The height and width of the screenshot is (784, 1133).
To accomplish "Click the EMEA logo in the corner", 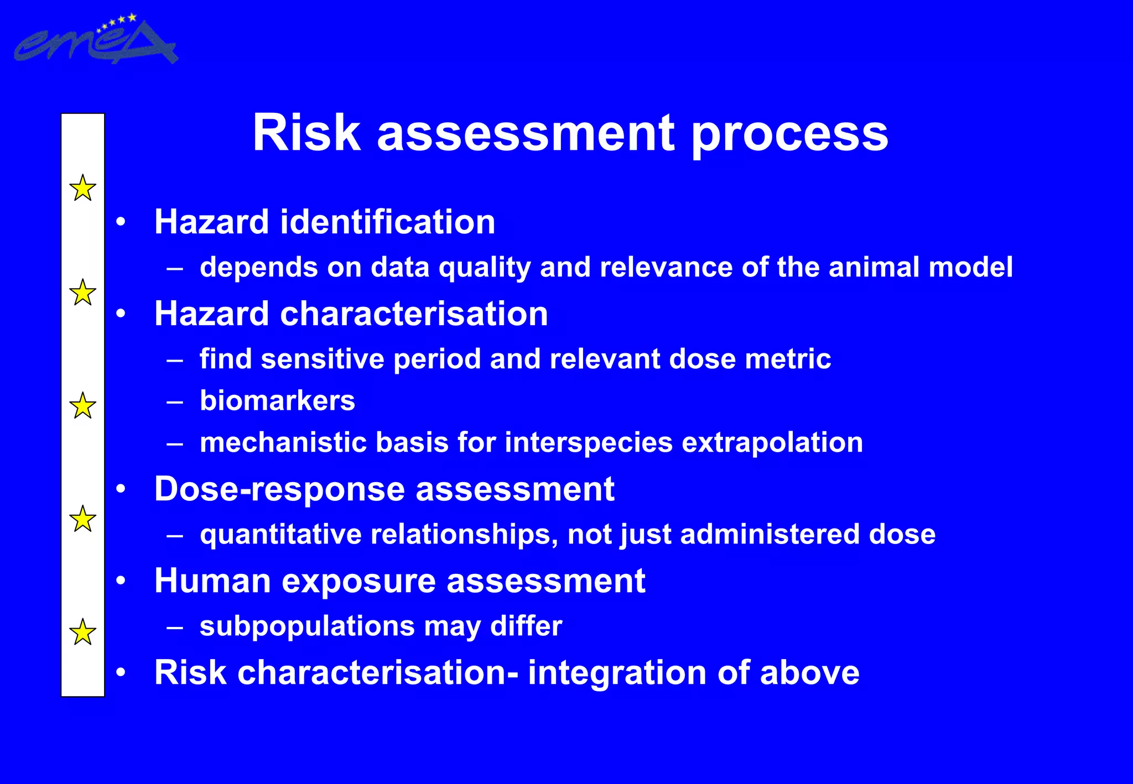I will (95, 41).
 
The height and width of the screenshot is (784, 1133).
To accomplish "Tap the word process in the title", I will (789, 135).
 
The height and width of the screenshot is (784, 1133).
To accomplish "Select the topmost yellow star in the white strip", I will (82, 188).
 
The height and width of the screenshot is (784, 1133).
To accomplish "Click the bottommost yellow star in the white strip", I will (82, 632).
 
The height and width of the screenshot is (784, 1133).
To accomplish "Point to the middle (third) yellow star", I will (82, 406).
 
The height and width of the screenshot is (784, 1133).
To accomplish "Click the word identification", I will (387, 222).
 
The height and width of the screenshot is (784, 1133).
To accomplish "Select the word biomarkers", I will (277, 401).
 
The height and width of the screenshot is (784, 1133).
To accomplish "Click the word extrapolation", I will (772, 443).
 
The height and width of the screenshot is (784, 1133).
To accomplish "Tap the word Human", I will (212, 581).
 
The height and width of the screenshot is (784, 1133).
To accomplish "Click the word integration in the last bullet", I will (617, 673).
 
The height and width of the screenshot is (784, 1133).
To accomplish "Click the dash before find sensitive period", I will (175, 360).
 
